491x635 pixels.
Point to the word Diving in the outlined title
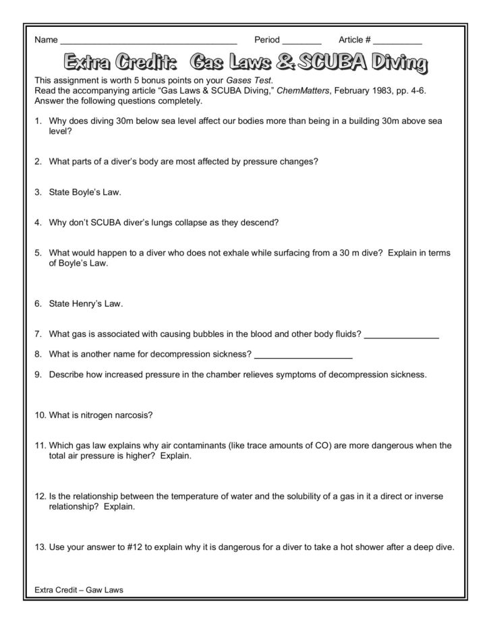coord(398,64)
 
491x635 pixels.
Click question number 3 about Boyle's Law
coord(38,192)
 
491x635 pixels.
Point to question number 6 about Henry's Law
coord(38,303)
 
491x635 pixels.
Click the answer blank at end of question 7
coord(401,335)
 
